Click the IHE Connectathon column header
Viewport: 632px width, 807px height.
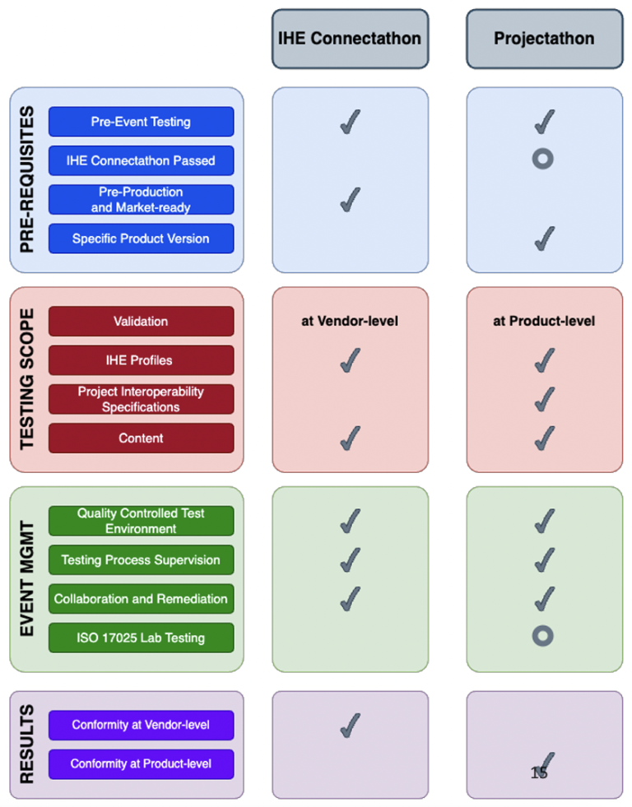[x=350, y=39]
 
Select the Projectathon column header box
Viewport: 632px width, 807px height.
[x=545, y=39]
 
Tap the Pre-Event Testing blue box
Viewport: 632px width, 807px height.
[x=141, y=122]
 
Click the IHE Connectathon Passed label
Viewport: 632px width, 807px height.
[x=141, y=160]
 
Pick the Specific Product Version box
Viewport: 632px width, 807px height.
[x=141, y=239]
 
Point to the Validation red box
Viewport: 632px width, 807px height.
[x=141, y=321]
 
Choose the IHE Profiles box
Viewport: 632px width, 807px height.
[x=141, y=360]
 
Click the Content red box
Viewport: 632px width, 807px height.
[x=141, y=438]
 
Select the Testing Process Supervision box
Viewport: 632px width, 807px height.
[x=141, y=560]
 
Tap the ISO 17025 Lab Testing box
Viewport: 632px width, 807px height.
[x=141, y=638]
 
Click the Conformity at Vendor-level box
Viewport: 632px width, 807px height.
[x=141, y=726]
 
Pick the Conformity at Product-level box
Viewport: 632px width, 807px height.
[x=141, y=764]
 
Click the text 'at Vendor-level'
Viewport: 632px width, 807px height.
[x=350, y=321]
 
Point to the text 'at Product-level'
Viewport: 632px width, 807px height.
[x=544, y=321]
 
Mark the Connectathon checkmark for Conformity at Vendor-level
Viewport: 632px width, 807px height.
[x=350, y=726]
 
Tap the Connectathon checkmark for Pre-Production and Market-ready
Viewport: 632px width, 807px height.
[x=350, y=200]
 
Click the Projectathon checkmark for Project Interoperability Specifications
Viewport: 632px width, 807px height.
[x=545, y=399]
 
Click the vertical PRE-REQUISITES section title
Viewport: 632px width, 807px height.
[x=27, y=179]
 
